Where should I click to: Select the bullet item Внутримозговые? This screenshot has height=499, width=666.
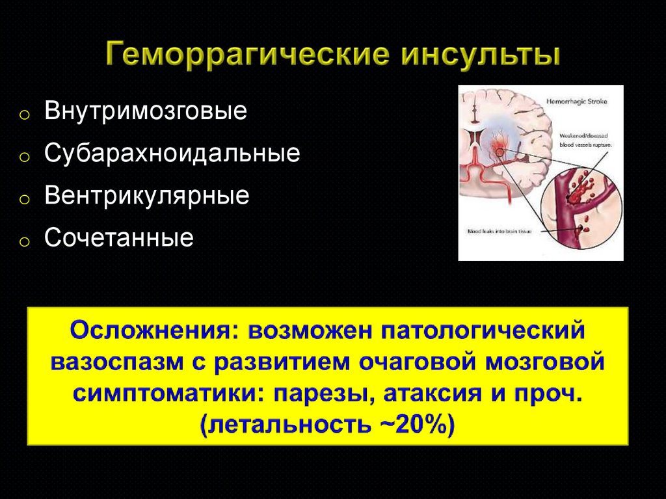click(146, 111)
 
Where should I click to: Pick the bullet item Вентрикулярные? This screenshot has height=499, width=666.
click(147, 196)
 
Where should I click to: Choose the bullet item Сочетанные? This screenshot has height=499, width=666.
click(119, 238)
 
